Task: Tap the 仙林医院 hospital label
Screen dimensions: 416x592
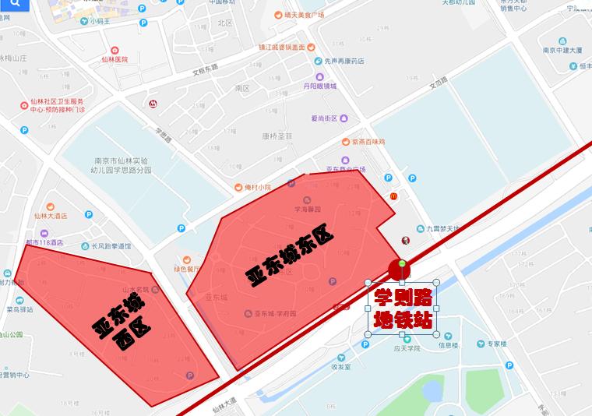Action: (114, 59)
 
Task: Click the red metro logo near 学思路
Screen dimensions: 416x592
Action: (153, 104)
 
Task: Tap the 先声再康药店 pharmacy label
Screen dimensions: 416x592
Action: (345, 62)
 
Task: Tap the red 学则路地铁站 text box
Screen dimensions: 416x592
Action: (402, 308)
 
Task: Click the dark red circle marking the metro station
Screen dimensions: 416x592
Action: (400, 270)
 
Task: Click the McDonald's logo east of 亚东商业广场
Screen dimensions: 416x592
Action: (393, 196)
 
